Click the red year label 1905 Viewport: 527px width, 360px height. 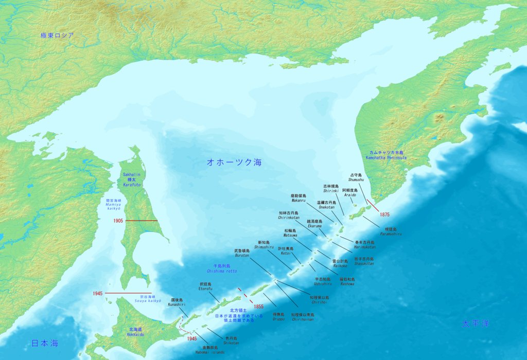[x=119, y=221]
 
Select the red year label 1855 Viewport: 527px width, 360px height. [x=259, y=307]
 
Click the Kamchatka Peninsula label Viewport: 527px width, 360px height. [x=387, y=155]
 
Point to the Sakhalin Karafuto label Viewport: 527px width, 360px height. [x=132, y=180]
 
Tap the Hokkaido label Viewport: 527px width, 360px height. [x=135, y=332]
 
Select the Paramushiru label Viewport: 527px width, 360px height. [x=391, y=232]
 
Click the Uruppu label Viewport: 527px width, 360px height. [x=278, y=316]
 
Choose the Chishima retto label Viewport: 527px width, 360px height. [x=222, y=268]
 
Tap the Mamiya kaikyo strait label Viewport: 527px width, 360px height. [x=113, y=204]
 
